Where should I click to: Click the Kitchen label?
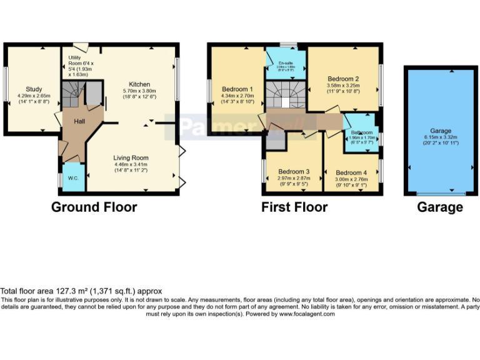pos(139,84)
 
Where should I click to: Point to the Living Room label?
pos(131,157)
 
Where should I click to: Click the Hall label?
pos(80,121)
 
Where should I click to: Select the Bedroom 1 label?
pos(237,89)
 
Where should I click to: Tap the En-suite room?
pos(286,63)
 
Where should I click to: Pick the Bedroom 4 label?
pos(351,172)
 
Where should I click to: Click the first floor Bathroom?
pos(361,132)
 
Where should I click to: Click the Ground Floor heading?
pos(94,207)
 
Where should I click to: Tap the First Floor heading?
pos(294,207)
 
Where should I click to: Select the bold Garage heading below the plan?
pos(440,207)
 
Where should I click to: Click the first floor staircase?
pos(285,96)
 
